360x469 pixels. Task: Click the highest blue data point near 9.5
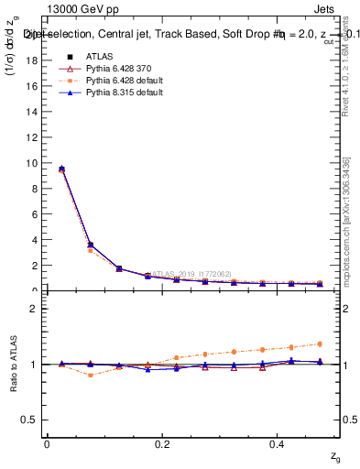(x=61, y=169)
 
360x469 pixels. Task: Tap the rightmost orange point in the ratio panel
(x=320, y=344)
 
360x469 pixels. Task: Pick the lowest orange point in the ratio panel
(x=90, y=375)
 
